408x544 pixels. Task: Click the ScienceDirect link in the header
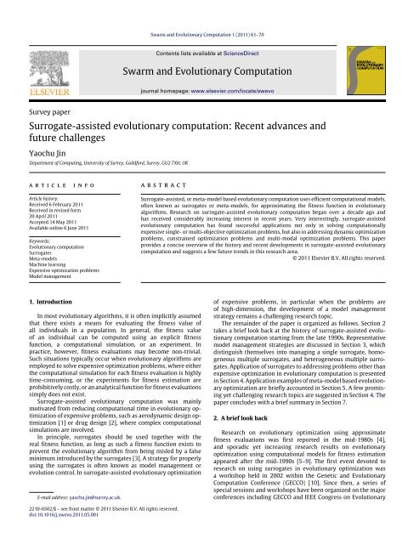[x=241, y=29]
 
